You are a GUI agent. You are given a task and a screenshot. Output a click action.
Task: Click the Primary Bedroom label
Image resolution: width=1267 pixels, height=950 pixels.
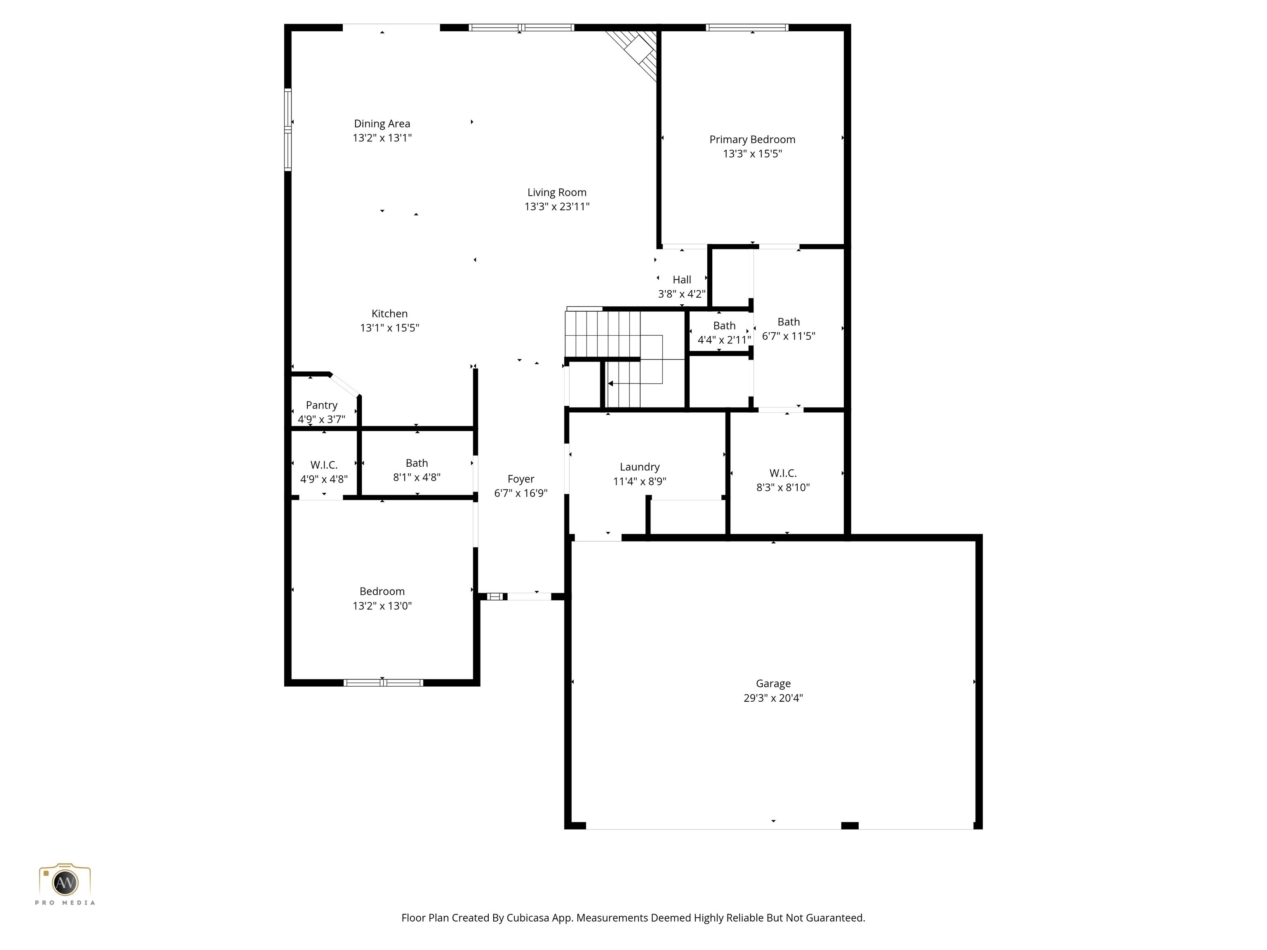pos(752,139)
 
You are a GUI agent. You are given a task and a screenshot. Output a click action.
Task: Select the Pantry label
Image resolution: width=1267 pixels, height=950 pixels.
pos(321,405)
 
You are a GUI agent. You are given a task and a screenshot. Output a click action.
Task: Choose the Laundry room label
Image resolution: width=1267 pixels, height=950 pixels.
pos(639,467)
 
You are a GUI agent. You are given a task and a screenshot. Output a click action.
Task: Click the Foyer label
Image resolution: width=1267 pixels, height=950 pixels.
pos(520,479)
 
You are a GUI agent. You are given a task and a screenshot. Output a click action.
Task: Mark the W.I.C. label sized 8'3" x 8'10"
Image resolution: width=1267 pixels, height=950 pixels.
pos(782,473)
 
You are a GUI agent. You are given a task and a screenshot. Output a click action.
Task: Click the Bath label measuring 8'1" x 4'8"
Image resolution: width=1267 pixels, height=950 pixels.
pos(417,463)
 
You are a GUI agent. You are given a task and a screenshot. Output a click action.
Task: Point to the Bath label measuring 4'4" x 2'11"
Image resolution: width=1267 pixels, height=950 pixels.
pos(724,325)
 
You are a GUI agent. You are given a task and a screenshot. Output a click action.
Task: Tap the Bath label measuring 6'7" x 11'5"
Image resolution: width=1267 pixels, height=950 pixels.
pos(788,322)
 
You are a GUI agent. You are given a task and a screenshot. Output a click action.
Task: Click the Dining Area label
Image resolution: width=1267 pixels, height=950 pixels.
pos(382,123)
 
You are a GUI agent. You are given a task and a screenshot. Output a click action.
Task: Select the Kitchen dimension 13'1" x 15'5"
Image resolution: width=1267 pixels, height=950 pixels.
pos(389,327)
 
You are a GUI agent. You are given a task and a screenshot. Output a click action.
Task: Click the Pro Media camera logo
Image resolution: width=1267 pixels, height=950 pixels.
pos(65,882)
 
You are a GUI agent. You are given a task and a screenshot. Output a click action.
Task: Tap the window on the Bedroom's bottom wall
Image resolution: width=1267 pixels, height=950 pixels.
pos(383,682)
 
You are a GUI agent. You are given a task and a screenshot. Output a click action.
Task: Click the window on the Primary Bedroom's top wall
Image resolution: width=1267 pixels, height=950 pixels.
pos(747,28)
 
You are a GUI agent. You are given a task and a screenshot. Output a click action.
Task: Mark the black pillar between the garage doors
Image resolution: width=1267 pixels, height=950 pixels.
pos(850,825)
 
